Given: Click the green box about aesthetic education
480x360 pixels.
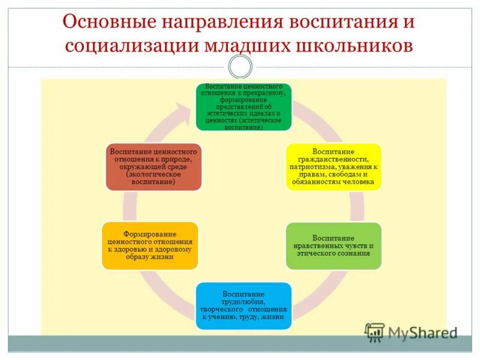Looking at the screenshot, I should tap(244, 107).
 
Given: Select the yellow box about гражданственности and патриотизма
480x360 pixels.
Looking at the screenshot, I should tap(332, 167).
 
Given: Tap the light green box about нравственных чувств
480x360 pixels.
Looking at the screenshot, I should tap(333, 245).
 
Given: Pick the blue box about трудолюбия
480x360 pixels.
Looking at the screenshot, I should tap(244, 305).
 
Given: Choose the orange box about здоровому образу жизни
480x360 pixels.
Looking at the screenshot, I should tap(149, 245).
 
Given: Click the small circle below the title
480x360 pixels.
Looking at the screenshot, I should tap(240, 67).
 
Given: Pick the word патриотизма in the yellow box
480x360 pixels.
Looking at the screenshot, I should tap(316, 166).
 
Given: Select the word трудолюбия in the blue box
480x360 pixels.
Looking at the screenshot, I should tap(243, 302).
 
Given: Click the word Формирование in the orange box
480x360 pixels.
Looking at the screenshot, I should tap(149, 233).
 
